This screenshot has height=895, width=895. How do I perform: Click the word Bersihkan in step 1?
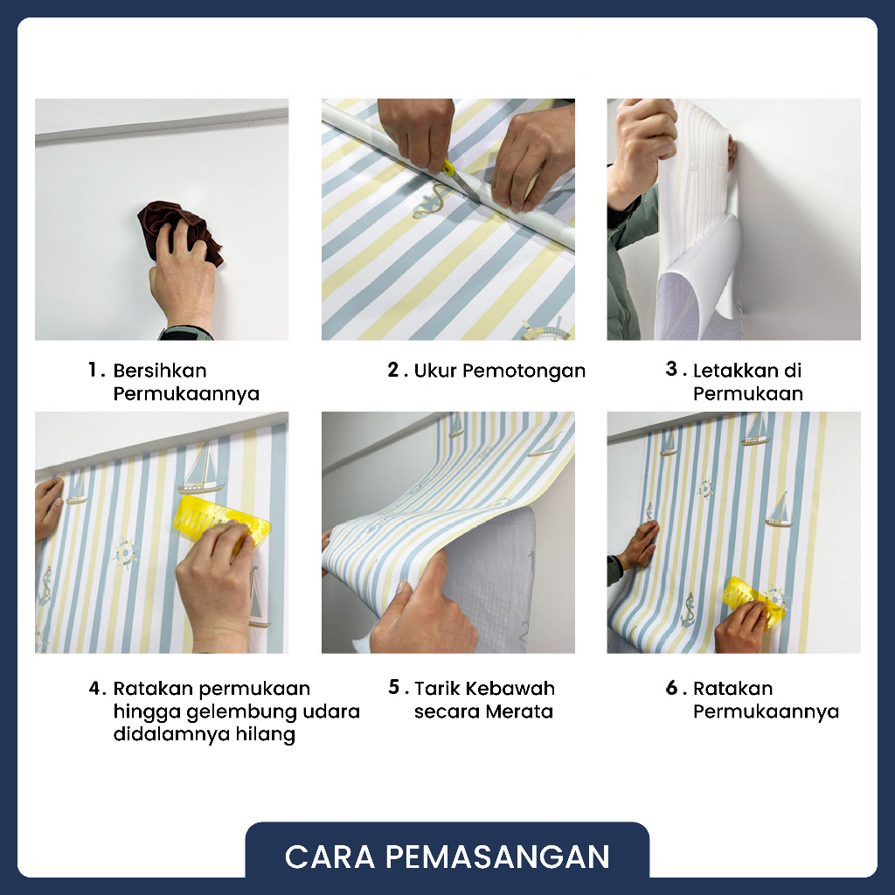point(160,371)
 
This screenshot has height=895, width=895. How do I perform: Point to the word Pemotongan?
point(524,371)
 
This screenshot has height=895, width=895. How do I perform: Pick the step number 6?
point(672,688)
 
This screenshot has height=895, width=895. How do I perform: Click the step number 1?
point(94,370)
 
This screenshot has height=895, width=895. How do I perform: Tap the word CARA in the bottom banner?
point(330,857)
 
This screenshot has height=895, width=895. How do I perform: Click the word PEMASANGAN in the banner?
point(497,857)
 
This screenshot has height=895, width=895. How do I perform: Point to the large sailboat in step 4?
point(200,469)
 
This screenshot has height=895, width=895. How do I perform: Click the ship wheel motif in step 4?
point(124,552)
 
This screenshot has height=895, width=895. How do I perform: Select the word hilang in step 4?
point(267,734)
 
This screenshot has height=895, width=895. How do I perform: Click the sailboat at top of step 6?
point(756,429)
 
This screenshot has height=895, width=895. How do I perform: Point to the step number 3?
point(672,370)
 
